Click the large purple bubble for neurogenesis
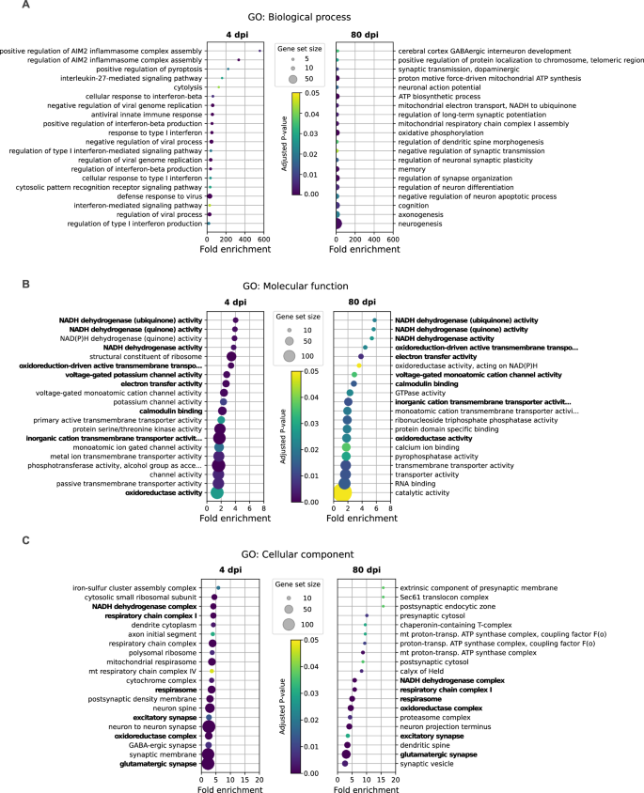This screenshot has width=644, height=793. click(x=337, y=223)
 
